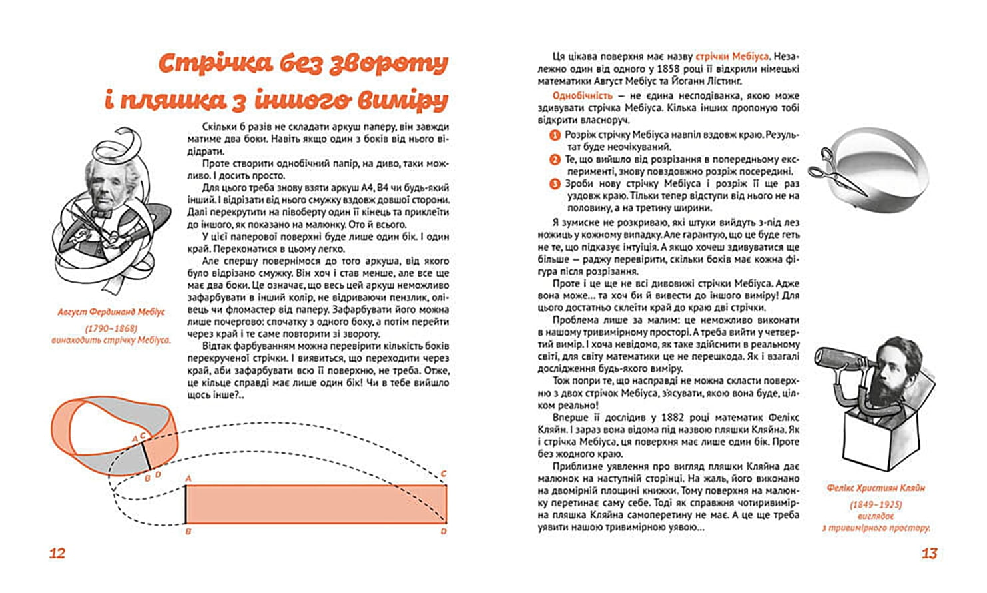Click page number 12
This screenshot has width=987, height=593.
(x=57, y=553)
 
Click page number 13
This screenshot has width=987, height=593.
(x=929, y=553)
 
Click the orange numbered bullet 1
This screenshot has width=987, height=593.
(x=555, y=135)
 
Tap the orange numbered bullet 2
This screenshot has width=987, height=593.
(x=555, y=160)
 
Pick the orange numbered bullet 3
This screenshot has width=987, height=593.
(x=555, y=185)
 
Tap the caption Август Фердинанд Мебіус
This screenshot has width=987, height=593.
(x=111, y=312)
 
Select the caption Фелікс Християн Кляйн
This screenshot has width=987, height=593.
(x=876, y=488)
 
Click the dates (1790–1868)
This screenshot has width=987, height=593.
(x=111, y=328)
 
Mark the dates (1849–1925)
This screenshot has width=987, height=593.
(x=876, y=505)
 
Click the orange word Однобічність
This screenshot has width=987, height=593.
(x=582, y=96)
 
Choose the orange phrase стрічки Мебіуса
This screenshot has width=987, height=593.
(x=732, y=57)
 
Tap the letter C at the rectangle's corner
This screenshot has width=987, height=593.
(x=444, y=474)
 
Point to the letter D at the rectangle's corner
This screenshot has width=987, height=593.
(x=444, y=532)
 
